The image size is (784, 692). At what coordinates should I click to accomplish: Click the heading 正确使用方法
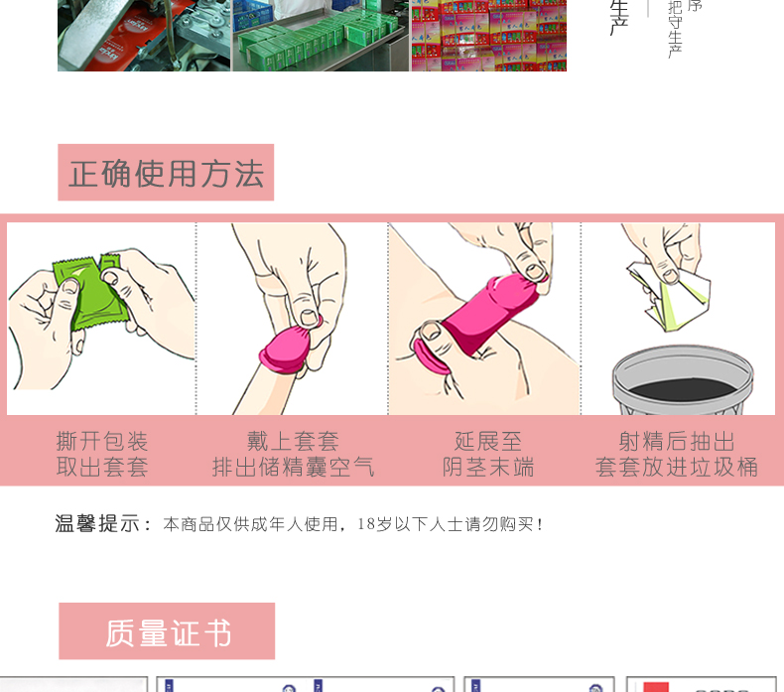166,173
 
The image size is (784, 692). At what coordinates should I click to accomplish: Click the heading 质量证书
167,631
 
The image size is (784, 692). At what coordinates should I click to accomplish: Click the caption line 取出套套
102,468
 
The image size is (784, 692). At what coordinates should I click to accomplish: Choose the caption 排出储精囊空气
293,468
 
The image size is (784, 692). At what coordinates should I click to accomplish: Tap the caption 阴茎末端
487,468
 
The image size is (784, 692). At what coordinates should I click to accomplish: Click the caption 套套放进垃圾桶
677,468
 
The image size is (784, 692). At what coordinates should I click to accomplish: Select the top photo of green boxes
321,35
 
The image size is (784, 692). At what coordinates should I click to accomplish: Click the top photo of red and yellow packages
488,35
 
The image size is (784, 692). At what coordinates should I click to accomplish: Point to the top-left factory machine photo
144,35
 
